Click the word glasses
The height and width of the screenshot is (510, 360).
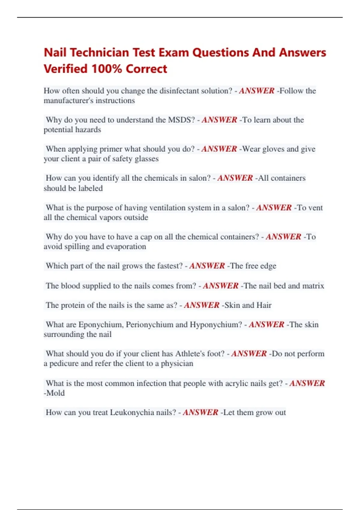147,159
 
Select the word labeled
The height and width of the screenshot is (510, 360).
91,188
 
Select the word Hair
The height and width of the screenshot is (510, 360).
264,305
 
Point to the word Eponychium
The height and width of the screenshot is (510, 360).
101,325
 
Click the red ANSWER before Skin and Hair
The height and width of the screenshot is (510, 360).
202,305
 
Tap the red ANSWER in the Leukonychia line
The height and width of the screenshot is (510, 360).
200,412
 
